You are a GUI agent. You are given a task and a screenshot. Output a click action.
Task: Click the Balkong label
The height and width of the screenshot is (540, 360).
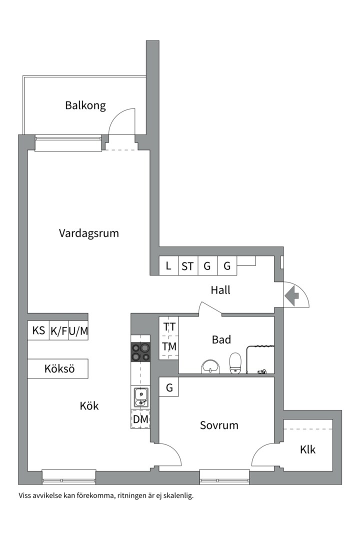pos(85,105)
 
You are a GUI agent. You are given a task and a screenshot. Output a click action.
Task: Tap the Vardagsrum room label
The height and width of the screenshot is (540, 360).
pos(89,233)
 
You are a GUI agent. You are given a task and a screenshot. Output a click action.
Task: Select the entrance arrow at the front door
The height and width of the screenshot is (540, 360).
pos(292,296)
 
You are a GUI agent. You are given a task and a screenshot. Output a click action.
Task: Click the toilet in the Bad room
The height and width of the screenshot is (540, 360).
pos(235,362)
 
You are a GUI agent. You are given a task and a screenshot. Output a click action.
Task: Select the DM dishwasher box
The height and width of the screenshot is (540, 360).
pos(140,419)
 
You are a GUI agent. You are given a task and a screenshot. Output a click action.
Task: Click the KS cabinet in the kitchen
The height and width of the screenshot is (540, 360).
pos(38,330)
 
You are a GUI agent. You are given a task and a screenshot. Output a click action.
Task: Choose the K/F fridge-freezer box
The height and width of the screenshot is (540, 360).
pos(58,330)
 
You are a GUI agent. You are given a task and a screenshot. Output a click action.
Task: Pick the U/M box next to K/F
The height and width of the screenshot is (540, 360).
pos(78,330)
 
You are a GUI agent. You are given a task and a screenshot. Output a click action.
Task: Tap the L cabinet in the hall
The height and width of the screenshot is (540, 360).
pos(168,266)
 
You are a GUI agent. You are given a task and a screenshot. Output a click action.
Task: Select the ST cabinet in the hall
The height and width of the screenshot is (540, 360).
pos(187,266)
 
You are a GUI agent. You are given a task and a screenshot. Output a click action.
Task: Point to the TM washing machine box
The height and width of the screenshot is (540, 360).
pos(169,346)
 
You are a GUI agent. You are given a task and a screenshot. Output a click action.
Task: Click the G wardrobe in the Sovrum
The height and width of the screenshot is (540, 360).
pos(169,387)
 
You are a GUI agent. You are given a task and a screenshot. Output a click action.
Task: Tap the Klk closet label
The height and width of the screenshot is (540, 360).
pos(308,449)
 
